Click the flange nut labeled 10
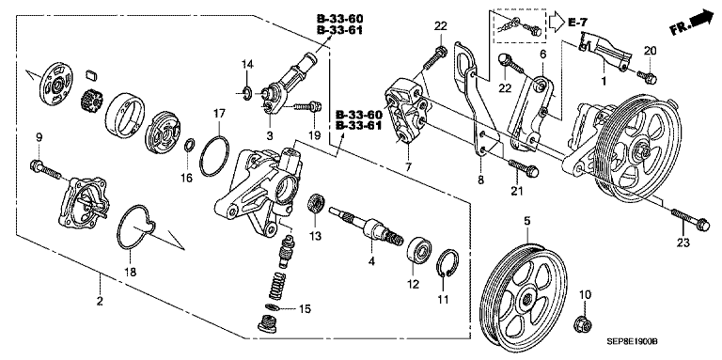(582, 324)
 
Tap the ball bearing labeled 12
(418, 249)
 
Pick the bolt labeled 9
(45, 169)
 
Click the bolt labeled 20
(648, 77)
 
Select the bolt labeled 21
(523, 167)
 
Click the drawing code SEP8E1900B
(631, 342)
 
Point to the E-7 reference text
(578, 22)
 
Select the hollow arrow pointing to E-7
(556, 22)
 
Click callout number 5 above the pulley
(526, 222)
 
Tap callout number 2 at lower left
(100, 302)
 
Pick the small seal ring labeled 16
(189, 147)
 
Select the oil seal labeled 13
(317, 203)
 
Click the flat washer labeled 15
(273, 307)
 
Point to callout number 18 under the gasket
(131, 272)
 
